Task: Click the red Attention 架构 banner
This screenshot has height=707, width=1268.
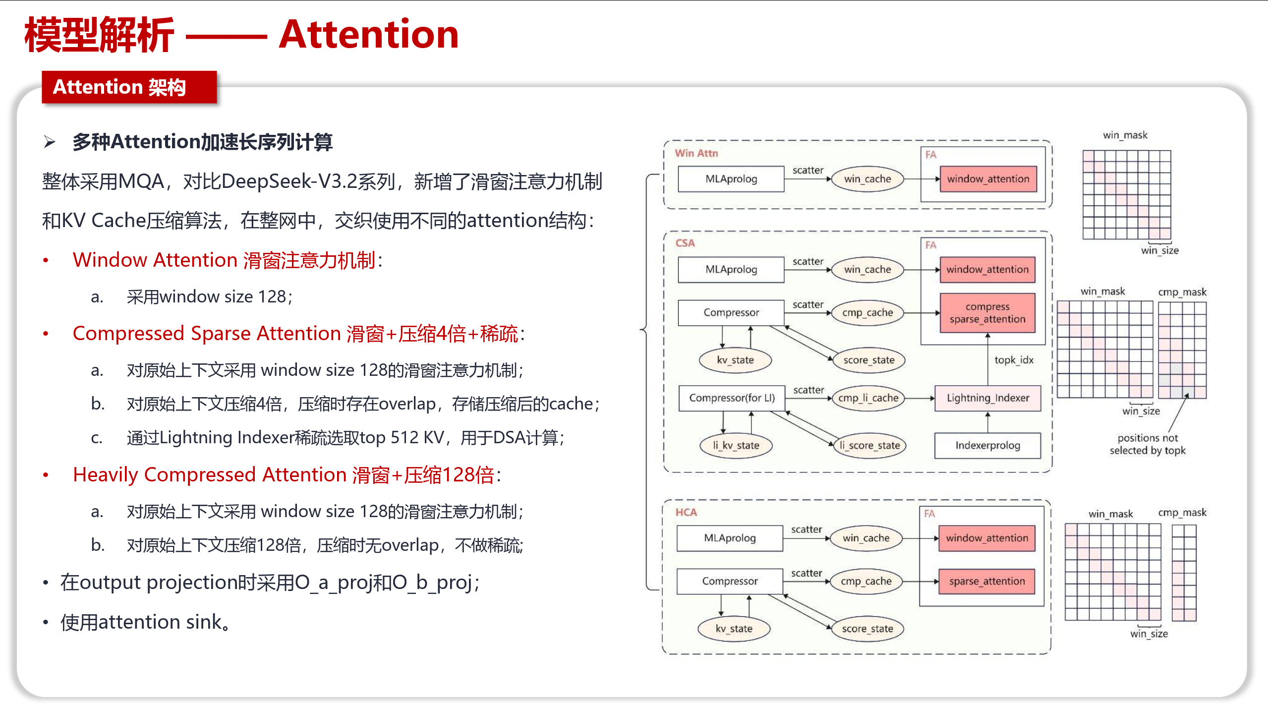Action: [x=129, y=87]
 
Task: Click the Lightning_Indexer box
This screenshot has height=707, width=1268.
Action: [x=987, y=398]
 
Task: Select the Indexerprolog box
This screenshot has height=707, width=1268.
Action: [x=987, y=445]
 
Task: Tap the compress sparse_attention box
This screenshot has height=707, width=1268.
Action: [x=987, y=313]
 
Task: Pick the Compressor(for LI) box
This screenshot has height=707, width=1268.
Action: [x=732, y=398]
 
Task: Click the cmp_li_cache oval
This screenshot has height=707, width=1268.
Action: [x=868, y=398]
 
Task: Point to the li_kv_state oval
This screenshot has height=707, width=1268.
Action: [x=736, y=445]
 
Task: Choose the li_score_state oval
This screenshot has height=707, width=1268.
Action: [x=869, y=445]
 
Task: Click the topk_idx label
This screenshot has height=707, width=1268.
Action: [x=1014, y=360]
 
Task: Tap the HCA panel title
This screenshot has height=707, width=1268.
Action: [x=686, y=512]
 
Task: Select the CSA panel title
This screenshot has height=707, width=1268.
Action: [x=685, y=243]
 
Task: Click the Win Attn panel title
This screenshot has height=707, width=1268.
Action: [x=696, y=153]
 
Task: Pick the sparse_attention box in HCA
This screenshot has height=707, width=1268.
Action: [x=987, y=581]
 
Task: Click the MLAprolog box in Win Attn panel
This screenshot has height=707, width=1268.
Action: [x=731, y=179]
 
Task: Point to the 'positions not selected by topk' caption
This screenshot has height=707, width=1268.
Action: [x=1148, y=444]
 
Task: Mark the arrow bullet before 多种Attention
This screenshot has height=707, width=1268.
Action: [x=50, y=142]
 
